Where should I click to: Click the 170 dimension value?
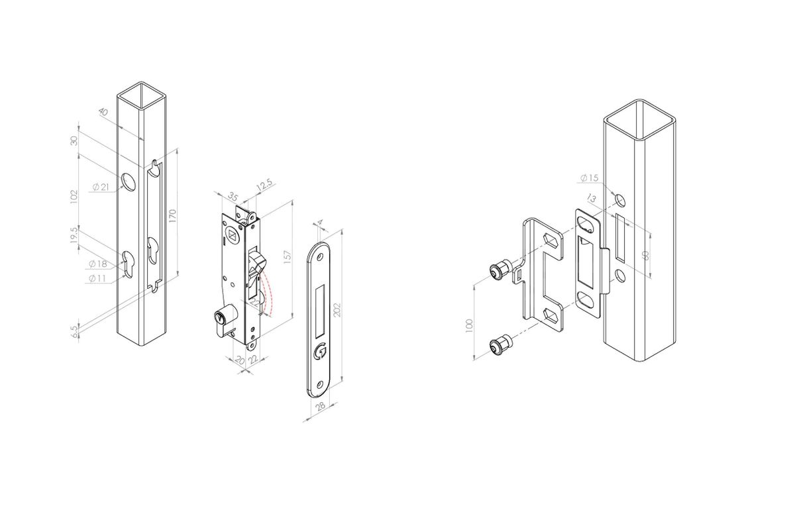173,217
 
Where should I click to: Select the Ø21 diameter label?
100,187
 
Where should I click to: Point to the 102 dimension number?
74,196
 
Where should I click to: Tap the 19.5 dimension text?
75,237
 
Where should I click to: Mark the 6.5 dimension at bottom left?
74,328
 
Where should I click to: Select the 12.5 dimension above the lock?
264,186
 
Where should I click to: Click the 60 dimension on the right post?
646,255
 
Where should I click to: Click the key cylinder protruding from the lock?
222,319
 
